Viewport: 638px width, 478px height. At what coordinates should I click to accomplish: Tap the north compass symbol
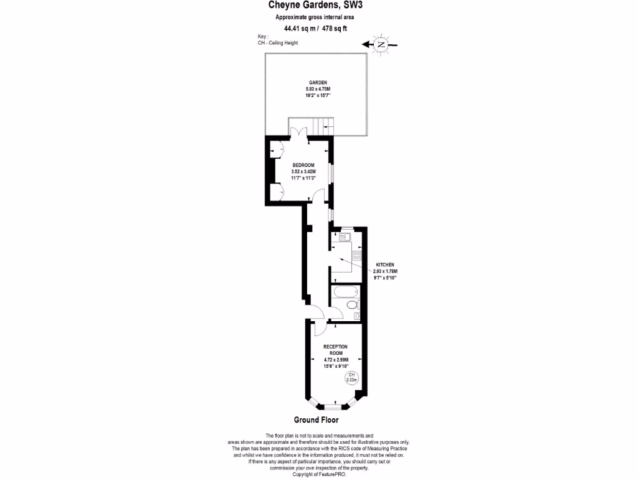pos(380,45)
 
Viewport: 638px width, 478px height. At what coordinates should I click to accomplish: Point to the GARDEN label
pos(318,83)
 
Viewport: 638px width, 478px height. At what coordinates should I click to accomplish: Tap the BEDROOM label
pos(303,165)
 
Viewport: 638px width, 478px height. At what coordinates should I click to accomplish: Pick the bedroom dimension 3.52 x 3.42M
pos(303,172)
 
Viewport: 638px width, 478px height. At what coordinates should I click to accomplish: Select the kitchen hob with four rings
pos(358,255)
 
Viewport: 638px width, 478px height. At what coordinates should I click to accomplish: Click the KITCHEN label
pos(384,265)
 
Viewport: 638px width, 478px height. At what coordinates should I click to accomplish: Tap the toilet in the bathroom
pos(353,304)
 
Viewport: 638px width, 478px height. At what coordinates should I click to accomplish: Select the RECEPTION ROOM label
pos(335,349)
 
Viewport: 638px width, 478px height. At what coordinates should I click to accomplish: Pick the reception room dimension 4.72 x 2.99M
pos(335,360)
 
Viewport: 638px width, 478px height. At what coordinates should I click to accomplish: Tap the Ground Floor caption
pos(316,420)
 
